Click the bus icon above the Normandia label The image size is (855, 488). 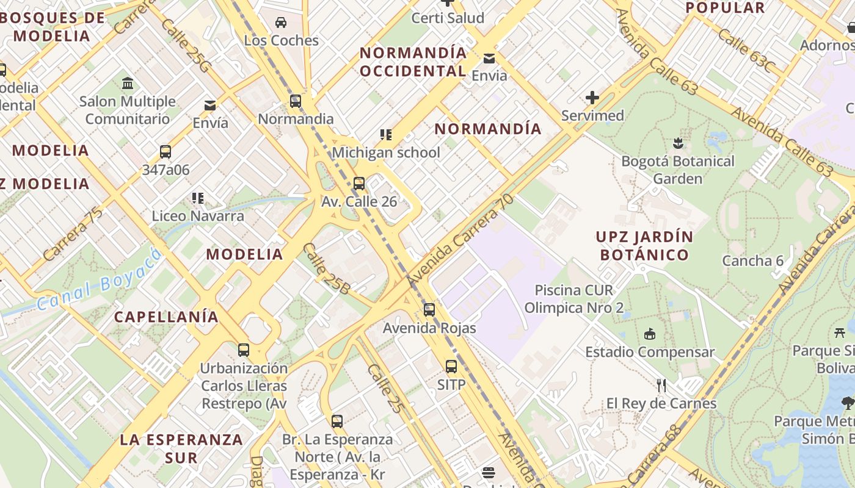pos(296,101)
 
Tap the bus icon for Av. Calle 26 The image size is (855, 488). pos(359,184)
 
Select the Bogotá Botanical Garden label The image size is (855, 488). pos(677,170)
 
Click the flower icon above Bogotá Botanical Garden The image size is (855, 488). pos(677,144)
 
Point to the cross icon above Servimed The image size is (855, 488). pos(592,98)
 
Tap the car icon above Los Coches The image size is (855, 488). pos(281,23)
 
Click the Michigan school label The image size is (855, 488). pos(385,152)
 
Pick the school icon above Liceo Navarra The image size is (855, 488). pos(197,198)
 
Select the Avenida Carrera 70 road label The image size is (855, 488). pos(460,239)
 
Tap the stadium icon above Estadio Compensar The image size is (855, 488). pos(650,334)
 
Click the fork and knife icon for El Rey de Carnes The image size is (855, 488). pos(661,386)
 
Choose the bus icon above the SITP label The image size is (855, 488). pos(451,367)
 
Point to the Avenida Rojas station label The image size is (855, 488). pos(429,328)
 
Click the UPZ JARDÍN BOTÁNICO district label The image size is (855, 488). pos(644,246)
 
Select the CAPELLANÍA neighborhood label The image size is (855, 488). pos(166,317)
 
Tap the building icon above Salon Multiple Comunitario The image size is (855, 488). pos(128,84)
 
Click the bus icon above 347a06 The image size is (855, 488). pos(165,152)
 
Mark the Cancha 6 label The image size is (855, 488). pos(752,261)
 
